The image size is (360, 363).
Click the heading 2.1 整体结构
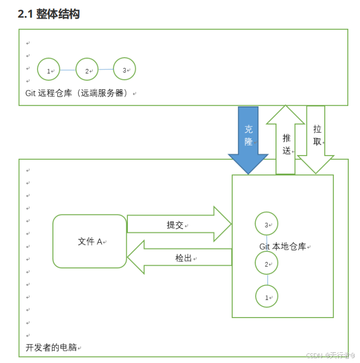(49, 14)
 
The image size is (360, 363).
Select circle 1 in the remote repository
(49, 69)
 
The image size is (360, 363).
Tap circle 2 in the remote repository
(87, 69)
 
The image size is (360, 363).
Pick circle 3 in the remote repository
(125, 69)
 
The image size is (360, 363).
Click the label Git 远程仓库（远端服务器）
(78, 93)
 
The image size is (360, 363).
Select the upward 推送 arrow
(286, 142)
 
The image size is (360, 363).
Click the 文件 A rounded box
(89, 241)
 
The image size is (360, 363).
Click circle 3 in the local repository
(267, 224)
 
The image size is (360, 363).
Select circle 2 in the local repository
(267, 263)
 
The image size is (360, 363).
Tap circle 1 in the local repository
(267, 296)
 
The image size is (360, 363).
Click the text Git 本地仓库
(285, 246)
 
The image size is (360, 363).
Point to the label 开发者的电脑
(52, 347)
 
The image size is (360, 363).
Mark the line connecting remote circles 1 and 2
(68, 70)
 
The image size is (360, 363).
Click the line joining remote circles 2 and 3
(106, 69)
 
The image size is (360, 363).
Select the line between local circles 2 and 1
(267, 280)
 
